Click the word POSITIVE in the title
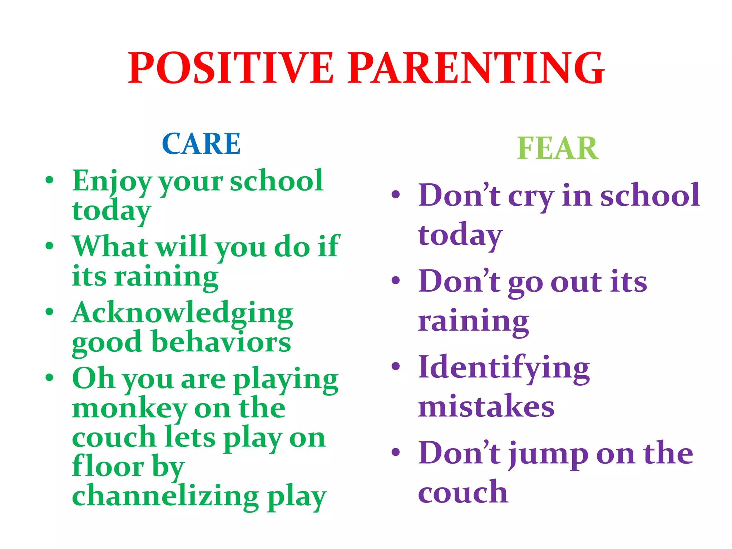tap(231, 68)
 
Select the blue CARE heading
tap(201, 144)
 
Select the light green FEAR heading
tap(558, 148)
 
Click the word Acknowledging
tap(182, 313)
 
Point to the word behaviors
tap(221, 342)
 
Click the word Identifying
tap(504, 368)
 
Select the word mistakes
tap(486, 406)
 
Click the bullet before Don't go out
tap(395, 281)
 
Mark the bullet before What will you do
tap(49, 246)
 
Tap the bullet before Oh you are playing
tap(49, 377)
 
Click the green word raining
tap(166, 277)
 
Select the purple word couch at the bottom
tap(463, 493)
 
